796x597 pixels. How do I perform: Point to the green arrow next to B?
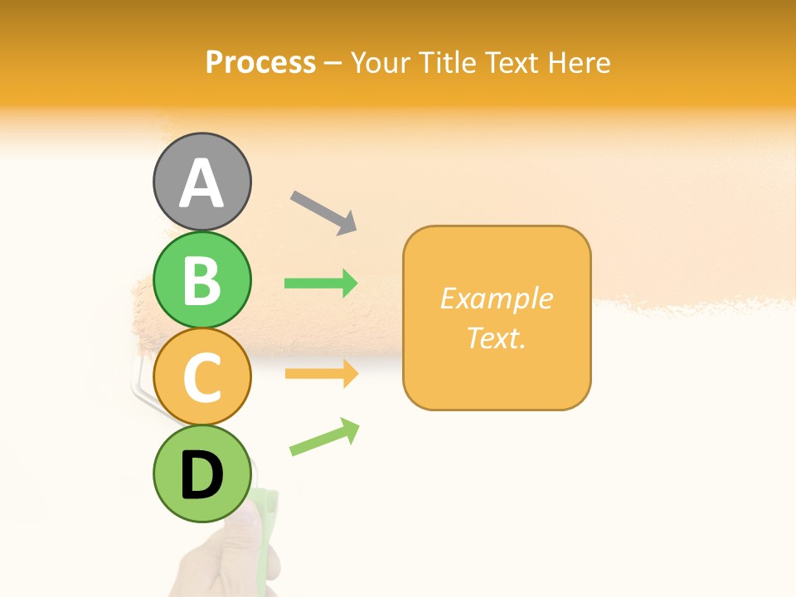tap(321, 284)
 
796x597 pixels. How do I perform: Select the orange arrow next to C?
tap(321, 374)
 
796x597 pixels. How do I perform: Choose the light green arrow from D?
tap(324, 437)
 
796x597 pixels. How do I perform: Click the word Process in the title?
tap(260, 62)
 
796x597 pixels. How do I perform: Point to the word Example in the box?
tap(497, 298)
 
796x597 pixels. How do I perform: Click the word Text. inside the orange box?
tap(497, 337)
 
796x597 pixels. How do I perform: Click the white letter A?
tap(201, 184)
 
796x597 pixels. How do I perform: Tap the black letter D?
tap(201, 477)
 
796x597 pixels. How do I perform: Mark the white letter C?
tap(201, 377)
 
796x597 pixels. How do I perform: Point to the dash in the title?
tap(332, 63)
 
